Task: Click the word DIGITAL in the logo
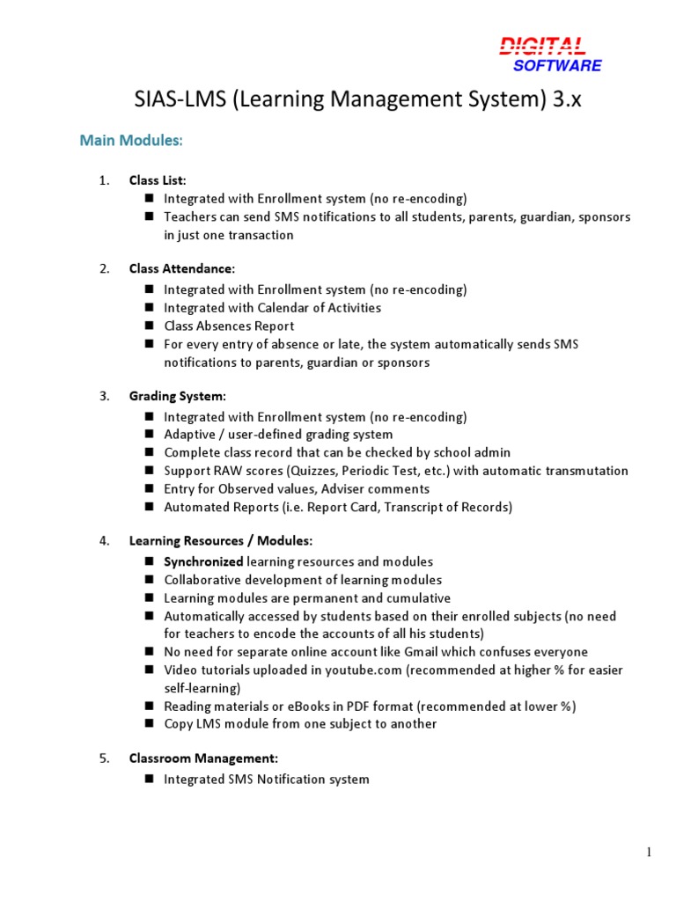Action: pyautogui.click(x=542, y=46)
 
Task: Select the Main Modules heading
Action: pyautogui.click(x=131, y=140)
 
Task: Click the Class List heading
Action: pyautogui.click(x=158, y=180)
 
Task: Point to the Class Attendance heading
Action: pyautogui.click(x=181, y=268)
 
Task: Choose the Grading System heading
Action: pyautogui.click(x=177, y=396)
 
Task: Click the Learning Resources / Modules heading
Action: pyautogui.click(x=220, y=540)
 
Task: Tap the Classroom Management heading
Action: pyautogui.click(x=203, y=758)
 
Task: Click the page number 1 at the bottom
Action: pyautogui.click(x=649, y=851)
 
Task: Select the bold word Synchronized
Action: pyautogui.click(x=203, y=561)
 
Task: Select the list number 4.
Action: pyautogui.click(x=104, y=540)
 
